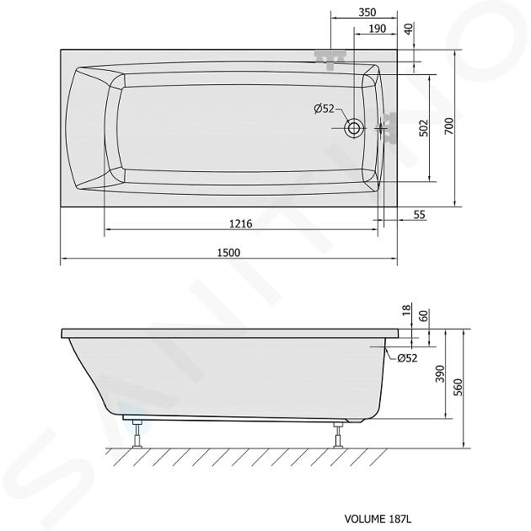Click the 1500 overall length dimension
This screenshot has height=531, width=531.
click(x=228, y=253)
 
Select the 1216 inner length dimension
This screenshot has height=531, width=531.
click(x=241, y=224)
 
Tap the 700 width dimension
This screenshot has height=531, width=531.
click(x=448, y=126)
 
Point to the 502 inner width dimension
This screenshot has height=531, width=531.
click(x=424, y=128)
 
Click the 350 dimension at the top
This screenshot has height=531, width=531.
click(x=367, y=13)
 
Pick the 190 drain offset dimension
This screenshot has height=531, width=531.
click(x=378, y=29)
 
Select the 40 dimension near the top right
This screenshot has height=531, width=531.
click(x=409, y=29)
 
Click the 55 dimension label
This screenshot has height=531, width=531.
click(x=419, y=215)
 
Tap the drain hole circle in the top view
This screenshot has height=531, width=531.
click(x=354, y=128)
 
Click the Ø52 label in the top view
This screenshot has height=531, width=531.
click(x=324, y=109)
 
